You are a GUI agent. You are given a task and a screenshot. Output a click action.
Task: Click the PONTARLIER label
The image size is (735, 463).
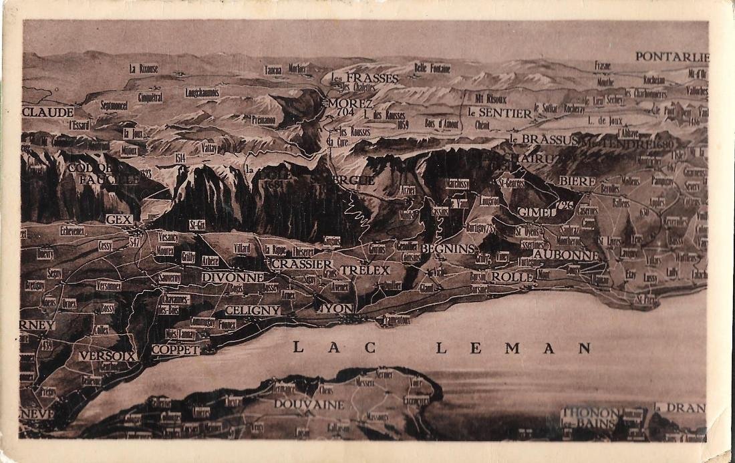coord(672,57)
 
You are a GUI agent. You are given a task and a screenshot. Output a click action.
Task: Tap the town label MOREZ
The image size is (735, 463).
coord(350,104)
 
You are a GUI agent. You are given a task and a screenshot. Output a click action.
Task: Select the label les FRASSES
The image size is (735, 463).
coord(364,78)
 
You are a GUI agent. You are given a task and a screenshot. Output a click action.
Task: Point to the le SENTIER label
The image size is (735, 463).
coord(500,113)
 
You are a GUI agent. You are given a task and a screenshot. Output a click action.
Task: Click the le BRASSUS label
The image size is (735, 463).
coord(542,139)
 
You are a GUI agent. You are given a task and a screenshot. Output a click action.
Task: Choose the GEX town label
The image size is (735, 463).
coord(119,219)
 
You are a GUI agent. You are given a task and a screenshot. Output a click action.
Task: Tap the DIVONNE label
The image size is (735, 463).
coord(233,277)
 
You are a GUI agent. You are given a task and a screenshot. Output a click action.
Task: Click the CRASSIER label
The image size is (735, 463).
coord(301,264)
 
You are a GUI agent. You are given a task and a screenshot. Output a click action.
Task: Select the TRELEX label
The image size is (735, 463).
coord(364,271)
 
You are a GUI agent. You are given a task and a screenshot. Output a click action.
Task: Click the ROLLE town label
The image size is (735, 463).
coord(512,277)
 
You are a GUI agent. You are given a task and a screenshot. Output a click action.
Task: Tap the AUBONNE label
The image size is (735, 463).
coord(566,255)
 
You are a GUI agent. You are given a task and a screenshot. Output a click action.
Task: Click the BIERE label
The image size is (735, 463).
coord(577,181)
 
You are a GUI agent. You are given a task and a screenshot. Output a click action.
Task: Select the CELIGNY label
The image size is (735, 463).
coord(253,310)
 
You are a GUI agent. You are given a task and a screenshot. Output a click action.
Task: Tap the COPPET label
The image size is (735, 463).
coord(176,349)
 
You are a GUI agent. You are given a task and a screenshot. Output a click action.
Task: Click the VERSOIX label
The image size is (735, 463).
coord(108,356)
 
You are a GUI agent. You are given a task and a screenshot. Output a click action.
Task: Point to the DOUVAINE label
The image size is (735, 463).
coord(309,404)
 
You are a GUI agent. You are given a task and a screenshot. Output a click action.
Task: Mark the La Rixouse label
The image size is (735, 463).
coord(144,68)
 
